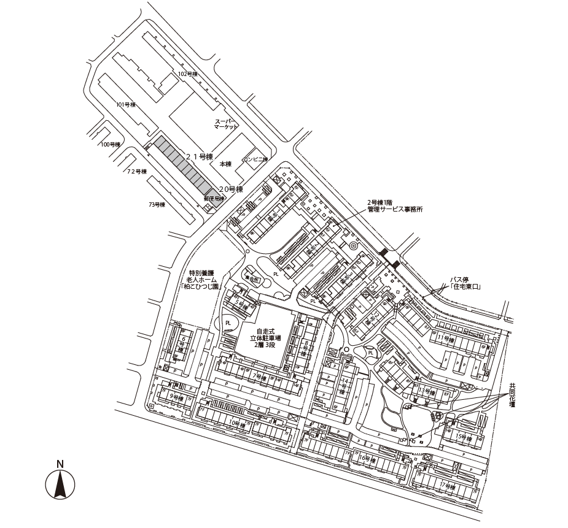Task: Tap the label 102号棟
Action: click(187, 74)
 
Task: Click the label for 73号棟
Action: click(157, 204)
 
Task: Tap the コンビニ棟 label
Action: click(255, 159)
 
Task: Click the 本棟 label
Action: click(225, 164)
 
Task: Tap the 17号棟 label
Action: click(448, 486)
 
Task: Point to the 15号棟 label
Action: click(464, 437)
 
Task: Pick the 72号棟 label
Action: click(137, 172)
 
